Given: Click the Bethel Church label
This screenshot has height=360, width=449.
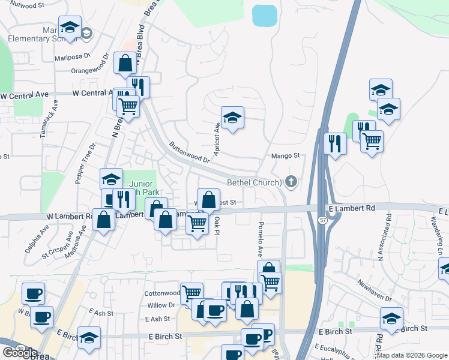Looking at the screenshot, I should click(x=254, y=182).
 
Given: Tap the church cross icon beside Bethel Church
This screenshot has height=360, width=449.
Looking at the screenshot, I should click(x=291, y=181).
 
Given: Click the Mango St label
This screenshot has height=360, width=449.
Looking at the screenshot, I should click(x=286, y=156).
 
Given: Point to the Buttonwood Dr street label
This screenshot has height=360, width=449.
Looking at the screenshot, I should click(x=189, y=152).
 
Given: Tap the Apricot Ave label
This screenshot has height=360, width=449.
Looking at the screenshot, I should click(x=217, y=137).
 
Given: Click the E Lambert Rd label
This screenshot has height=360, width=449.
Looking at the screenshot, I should click(x=351, y=208).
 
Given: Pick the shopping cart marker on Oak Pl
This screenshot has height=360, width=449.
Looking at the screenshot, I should click(x=197, y=224).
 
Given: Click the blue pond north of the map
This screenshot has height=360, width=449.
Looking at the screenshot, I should click(x=265, y=16).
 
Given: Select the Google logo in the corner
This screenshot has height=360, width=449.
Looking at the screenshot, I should click(x=19, y=353).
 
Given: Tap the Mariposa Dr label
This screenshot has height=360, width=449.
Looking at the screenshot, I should click(x=72, y=57).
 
